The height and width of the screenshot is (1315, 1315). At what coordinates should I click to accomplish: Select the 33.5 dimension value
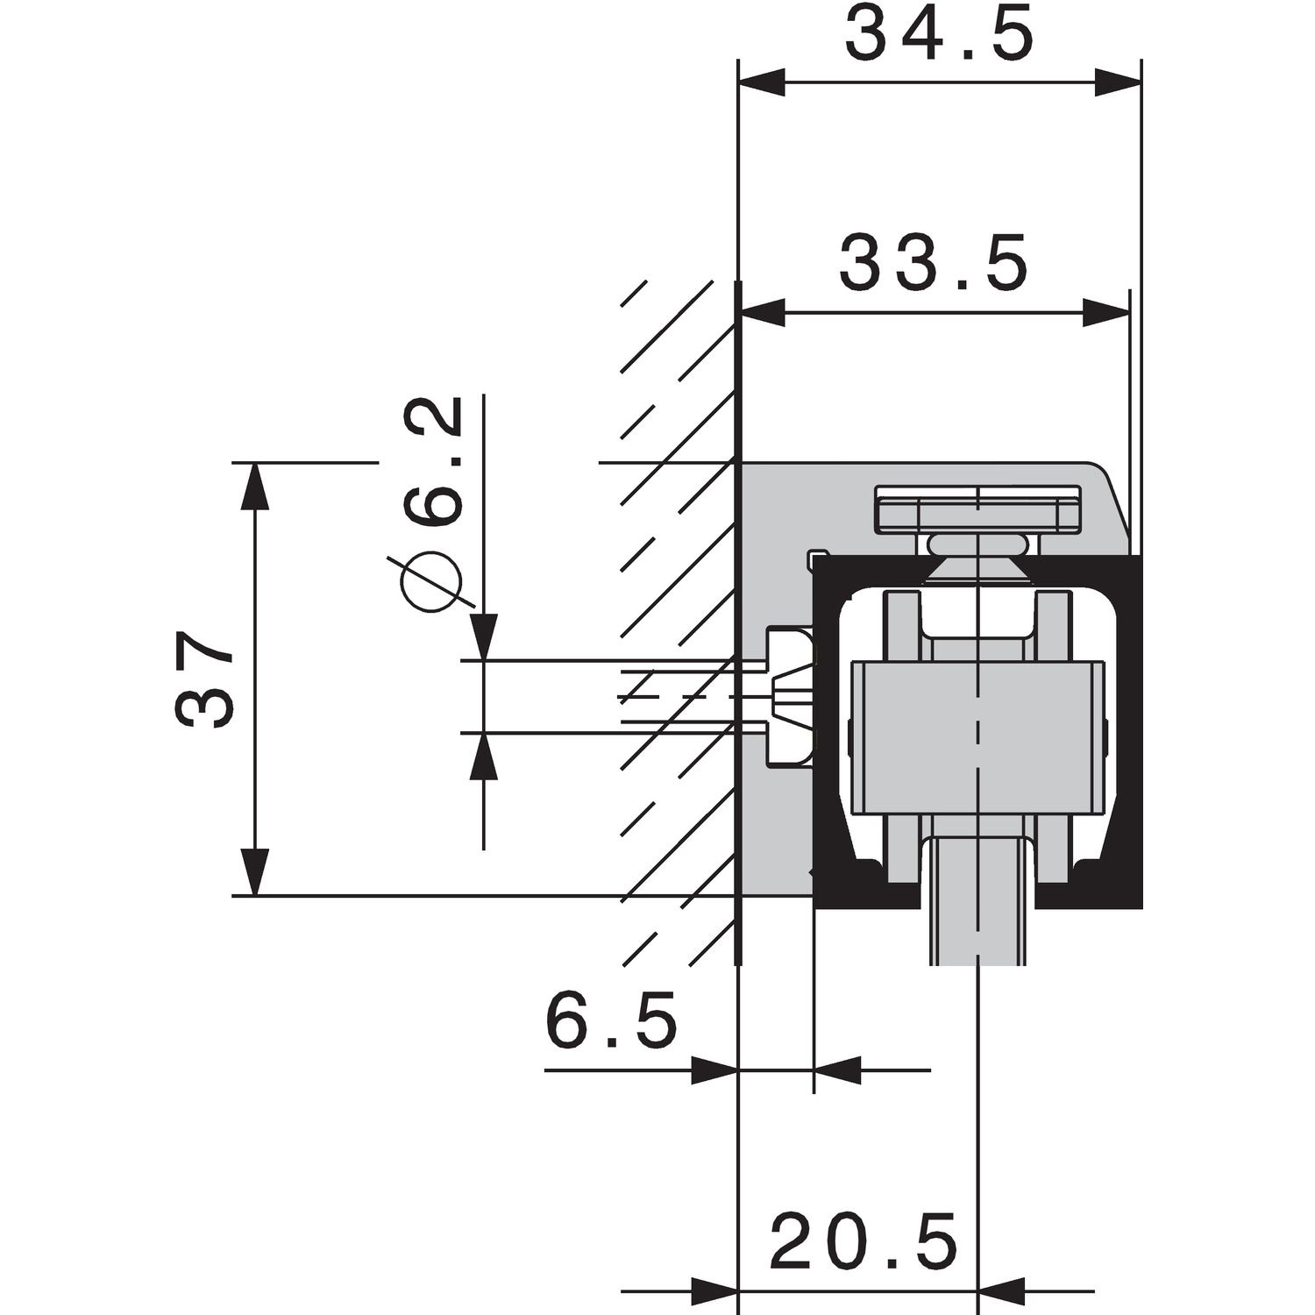pyautogui.click(x=934, y=263)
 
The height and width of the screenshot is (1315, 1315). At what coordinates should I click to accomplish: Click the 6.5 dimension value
pyautogui.click(x=612, y=1021)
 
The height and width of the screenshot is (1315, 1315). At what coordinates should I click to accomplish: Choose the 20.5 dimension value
pyautogui.click(x=864, y=1242)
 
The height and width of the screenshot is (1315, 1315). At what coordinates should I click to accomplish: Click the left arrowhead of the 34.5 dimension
pyautogui.click(x=761, y=83)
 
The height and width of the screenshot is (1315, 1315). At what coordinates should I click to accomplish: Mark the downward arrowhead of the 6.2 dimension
pyautogui.click(x=483, y=636)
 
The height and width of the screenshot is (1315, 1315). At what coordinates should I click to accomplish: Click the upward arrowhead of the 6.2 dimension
pyautogui.click(x=483, y=756)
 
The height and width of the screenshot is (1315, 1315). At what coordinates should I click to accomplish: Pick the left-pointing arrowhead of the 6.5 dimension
pyautogui.click(x=838, y=1070)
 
